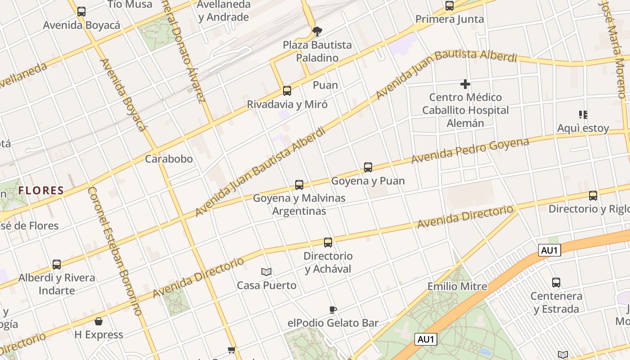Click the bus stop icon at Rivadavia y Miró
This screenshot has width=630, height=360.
[x=287, y=91]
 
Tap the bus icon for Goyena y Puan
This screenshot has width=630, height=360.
[x=368, y=167]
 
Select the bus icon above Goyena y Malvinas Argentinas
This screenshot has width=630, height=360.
[x=299, y=184]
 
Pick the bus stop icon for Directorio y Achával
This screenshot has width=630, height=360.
[x=328, y=243]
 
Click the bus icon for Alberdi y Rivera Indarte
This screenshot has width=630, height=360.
[x=57, y=265]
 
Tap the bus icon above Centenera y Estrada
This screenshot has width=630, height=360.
[x=556, y=283]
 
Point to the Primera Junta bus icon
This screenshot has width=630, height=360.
[x=450, y=6]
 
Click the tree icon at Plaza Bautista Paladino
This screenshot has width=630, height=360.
[x=317, y=31]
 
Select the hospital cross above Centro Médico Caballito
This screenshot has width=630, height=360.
[x=465, y=84]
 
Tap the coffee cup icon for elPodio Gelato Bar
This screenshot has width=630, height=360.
[x=333, y=310]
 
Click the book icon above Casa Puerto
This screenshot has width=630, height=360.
[x=266, y=272]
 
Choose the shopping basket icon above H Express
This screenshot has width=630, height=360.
[x=99, y=321]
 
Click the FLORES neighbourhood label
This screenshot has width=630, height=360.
[x=41, y=190]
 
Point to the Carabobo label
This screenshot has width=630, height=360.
[x=169, y=159]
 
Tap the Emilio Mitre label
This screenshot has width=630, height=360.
[x=457, y=286]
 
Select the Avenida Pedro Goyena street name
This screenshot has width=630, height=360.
[x=470, y=151]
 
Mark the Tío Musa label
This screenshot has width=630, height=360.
[x=130, y=4]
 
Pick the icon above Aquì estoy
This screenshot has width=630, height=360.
[x=583, y=115]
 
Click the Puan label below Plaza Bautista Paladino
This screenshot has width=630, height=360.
[x=325, y=85]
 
